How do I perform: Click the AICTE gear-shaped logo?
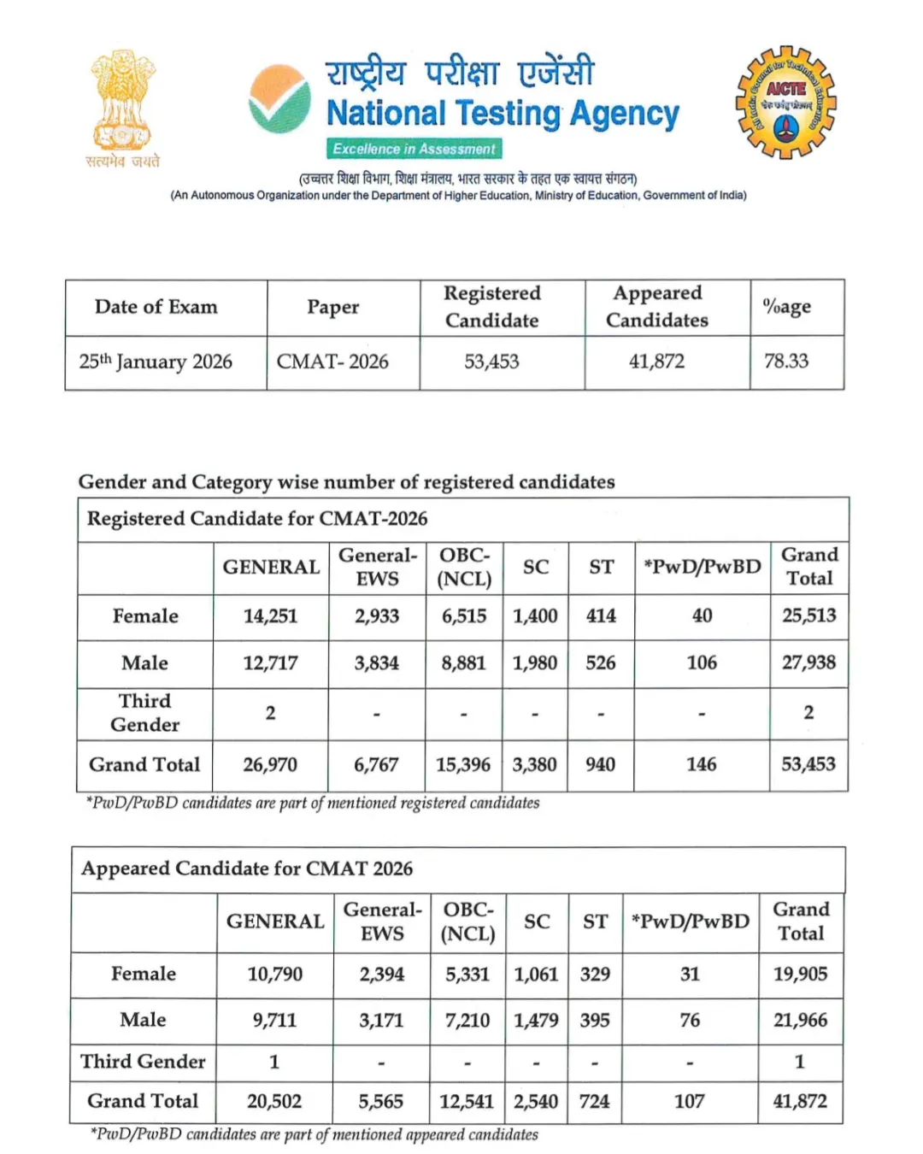(x=785, y=103)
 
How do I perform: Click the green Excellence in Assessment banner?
(x=414, y=149)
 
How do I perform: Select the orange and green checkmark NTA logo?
(x=279, y=99)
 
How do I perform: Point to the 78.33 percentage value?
(x=785, y=361)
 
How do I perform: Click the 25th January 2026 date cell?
(x=156, y=362)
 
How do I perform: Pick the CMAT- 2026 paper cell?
(x=332, y=362)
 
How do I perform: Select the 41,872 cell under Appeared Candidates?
(x=656, y=362)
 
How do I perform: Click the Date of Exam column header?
(x=156, y=307)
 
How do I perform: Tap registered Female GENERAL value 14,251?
(x=270, y=615)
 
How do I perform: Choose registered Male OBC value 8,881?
(x=463, y=662)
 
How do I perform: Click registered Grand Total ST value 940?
(x=600, y=764)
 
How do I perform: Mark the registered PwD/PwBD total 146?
(x=701, y=764)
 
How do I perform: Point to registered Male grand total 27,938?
(x=808, y=662)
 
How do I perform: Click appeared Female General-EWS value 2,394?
(x=381, y=974)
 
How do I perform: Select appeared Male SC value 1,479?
(x=536, y=1020)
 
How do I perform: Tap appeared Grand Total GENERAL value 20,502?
(x=274, y=1101)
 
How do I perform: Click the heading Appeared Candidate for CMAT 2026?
(x=247, y=868)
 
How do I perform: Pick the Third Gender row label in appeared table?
(x=143, y=1061)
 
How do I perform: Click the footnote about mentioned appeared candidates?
(x=315, y=1134)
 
